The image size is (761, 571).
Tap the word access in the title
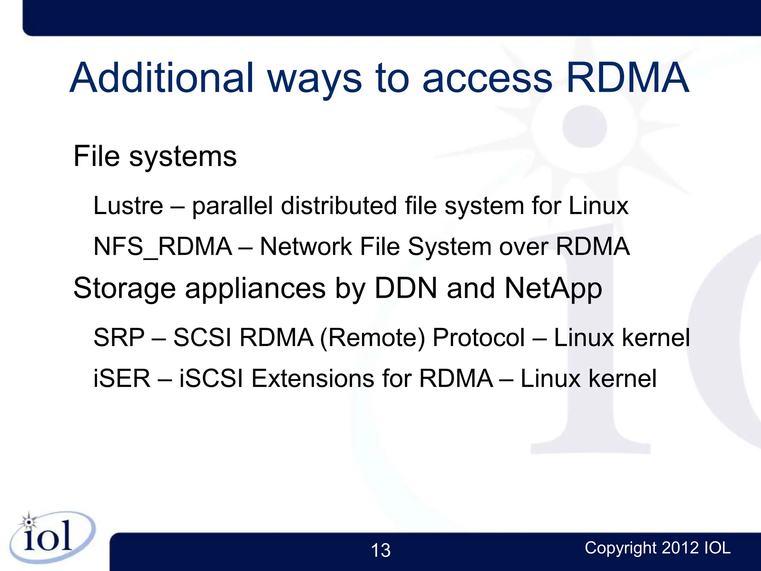pyautogui.click(x=487, y=79)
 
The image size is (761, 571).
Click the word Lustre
pyautogui.click(x=128, y=206)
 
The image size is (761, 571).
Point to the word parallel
pyautogui.click(x=233, y=206)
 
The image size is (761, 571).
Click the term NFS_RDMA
pyautogui.click(x=163, y=247)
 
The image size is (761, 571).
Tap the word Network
pyautogui.click(x=306, y=246)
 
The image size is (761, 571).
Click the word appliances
pyautogui.click(x=255, y=289)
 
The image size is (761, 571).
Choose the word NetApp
pyautogui.click(x=553, y=289)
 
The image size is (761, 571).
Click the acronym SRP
pyautogui.click(x=119, y=338)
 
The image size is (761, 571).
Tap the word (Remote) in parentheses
pyautogui.click(x=372, y=338)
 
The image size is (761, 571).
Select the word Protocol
pyautogui.click(x=479, y=338)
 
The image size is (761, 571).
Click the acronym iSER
pyautogui.click(x=122, y=378)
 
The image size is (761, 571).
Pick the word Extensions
pyautogui.click(x=313, y=378)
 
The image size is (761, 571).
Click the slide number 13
pyautogui.click(x=380, y=550)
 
